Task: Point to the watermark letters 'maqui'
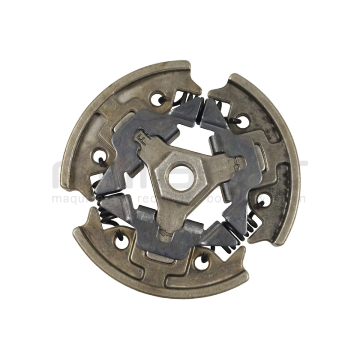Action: (67, 198)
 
